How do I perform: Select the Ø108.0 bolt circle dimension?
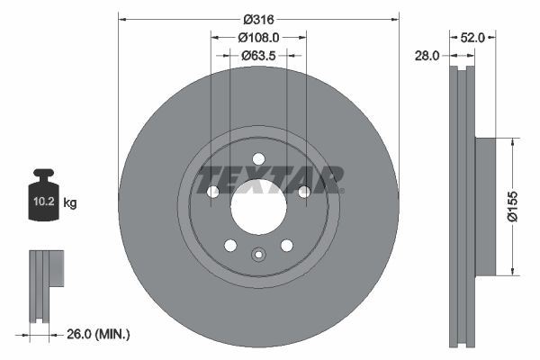point(258,37)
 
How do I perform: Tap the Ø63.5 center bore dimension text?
point(258,55)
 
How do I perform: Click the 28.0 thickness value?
point(427,56)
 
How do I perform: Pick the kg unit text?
point(70,203)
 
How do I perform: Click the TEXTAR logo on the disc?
point(270,179)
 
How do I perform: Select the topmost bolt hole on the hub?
point(258,159)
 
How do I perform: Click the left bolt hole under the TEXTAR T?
point(213,192)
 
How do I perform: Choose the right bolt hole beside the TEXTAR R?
point(304,192)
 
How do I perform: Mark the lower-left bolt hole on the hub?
point(230,246)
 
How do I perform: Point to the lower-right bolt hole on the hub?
point(287,246)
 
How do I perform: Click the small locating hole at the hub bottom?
point(258,253)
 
